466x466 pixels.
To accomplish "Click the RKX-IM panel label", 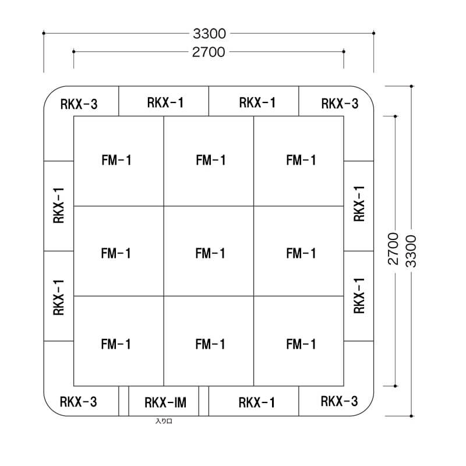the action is (165, 403).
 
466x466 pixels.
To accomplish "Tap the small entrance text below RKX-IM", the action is (164, 421).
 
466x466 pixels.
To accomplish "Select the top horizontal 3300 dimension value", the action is (209, 34).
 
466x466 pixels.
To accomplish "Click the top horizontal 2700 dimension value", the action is (209, 52).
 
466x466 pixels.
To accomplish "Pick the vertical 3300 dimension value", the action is (411, 251).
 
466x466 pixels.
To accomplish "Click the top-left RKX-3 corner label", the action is (79, 104).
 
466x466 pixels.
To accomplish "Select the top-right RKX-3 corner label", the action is (340, 104).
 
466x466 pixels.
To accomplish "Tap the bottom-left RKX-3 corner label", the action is (78, 402).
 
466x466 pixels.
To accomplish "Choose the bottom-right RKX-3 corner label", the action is (339, 401).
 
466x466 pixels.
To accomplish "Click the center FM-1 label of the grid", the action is (210, 253).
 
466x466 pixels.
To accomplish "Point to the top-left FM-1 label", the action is (116, 160).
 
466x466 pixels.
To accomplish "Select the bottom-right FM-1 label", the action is (301, 344).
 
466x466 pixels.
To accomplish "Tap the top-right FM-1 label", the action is (301, 160).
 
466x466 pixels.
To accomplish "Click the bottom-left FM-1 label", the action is (115, 344).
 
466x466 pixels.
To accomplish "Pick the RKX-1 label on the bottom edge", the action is (256, 403).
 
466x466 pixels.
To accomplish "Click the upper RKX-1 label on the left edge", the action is (59, 206).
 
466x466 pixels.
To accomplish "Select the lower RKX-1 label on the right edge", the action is (359, 296).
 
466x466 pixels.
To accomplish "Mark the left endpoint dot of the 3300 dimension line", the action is (44, 33).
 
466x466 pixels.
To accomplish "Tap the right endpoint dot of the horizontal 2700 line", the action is (344, 52).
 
